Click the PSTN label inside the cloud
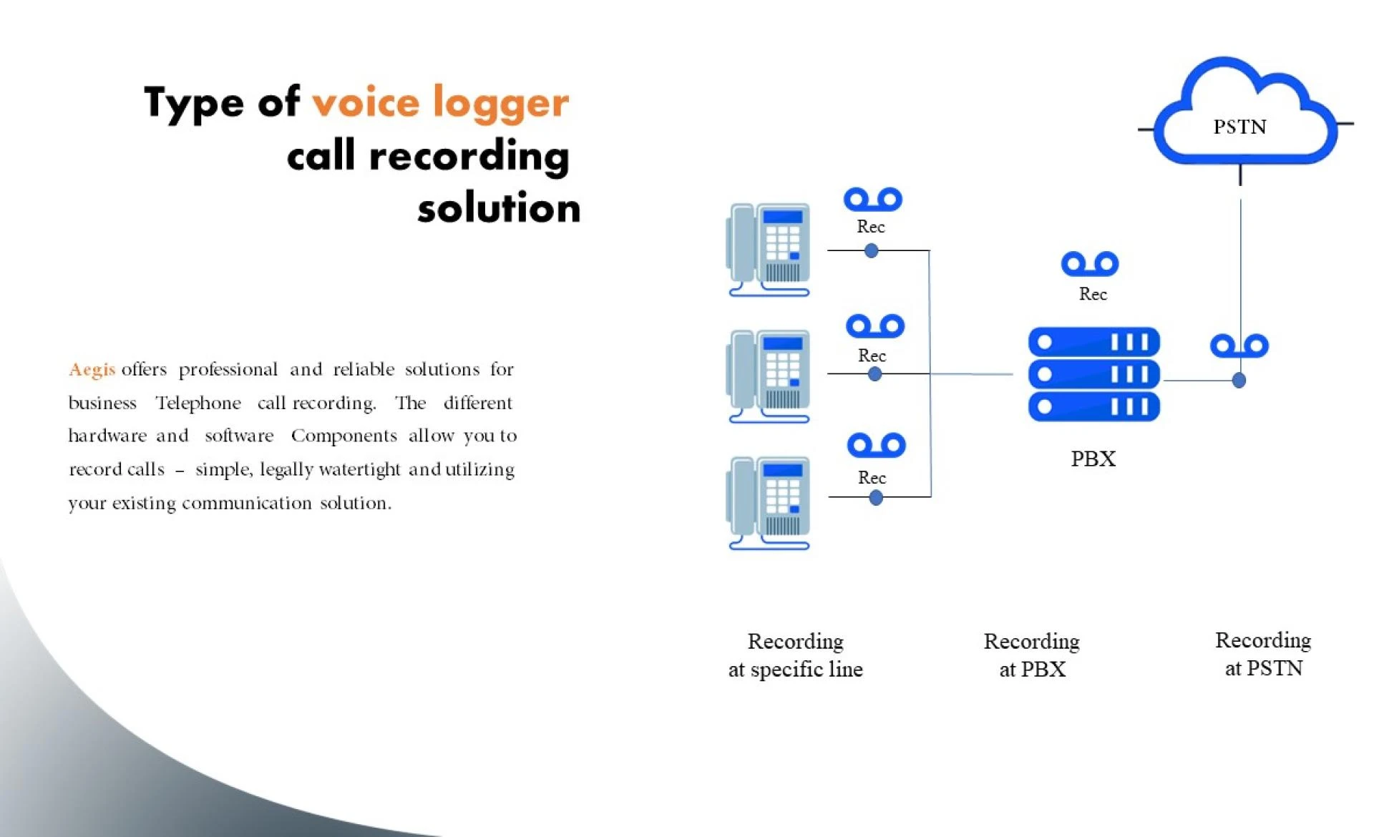coord(1239,127)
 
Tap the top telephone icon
coord(769,249)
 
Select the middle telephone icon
coord(769,376)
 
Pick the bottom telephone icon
coord(769,502)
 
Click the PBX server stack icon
coord(1093,373)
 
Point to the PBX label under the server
coord(1093,459)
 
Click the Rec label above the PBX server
coord(1093,294)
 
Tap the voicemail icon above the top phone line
coord(872,200)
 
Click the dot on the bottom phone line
coord(876,498)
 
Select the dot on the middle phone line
coord(874,374)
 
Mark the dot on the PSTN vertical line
coord(1239,381)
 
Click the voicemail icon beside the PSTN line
coord(1239,346)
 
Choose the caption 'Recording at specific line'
coord(795,655)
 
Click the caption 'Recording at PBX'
coord(1031,655)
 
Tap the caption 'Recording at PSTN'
coord(1263,654)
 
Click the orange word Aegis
coord(92,369)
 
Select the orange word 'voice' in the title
coord(366,102)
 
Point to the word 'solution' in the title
coord(499,208)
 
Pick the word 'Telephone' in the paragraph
coord(198,403)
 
